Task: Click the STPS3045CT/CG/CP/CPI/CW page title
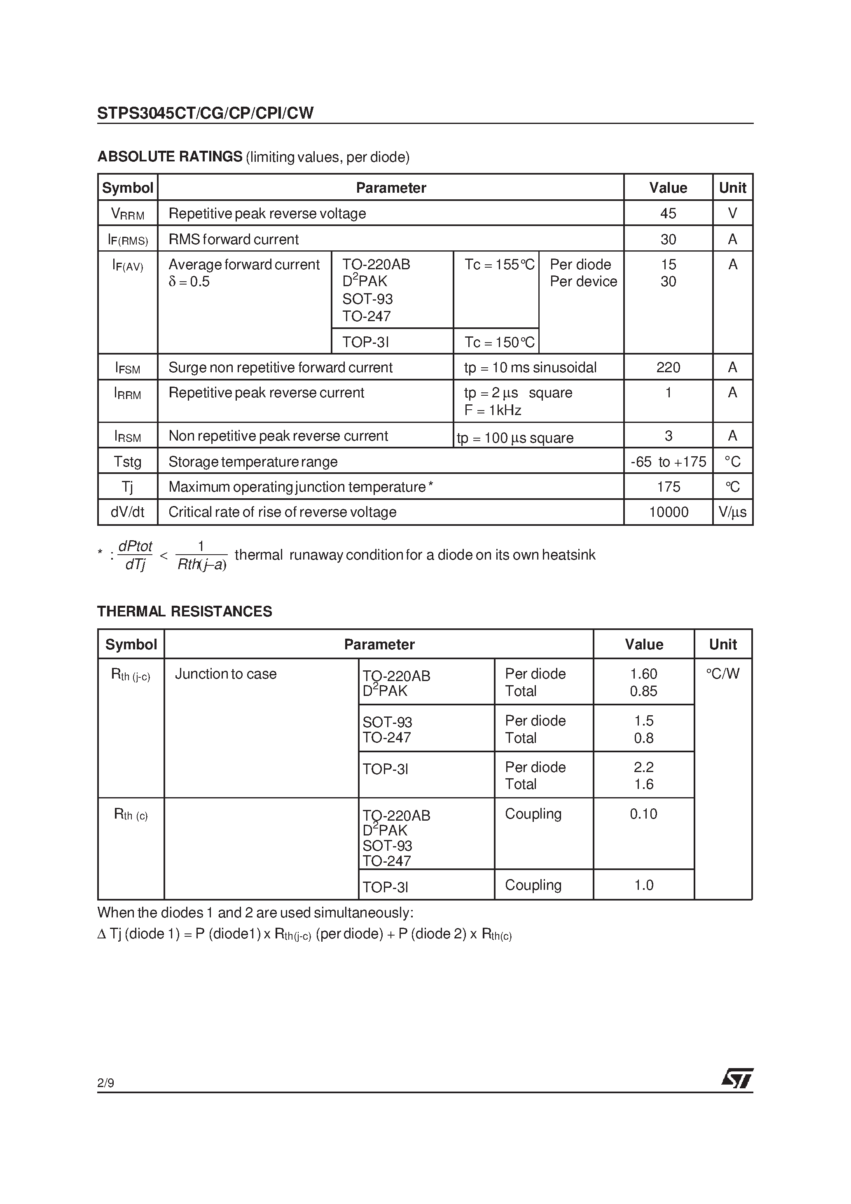(205, 113)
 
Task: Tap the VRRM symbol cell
(128, 213)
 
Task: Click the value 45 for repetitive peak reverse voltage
(668, 213)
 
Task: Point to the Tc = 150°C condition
(499, 343)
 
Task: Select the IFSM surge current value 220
(668, 367)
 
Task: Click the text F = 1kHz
(493, 410)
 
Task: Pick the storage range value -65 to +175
(668, 462)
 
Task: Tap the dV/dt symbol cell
(128, 512)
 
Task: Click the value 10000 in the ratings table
(668, 512)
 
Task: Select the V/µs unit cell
(732, 512)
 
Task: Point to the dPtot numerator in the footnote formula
(136, 546)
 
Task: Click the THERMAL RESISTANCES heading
(184, 611)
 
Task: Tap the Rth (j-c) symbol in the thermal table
(131, 674)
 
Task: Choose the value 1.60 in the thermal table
(643, 674)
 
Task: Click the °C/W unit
(722, 674)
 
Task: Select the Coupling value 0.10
(643, 814)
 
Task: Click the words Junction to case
(226, 674)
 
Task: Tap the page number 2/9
(105, 1083)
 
